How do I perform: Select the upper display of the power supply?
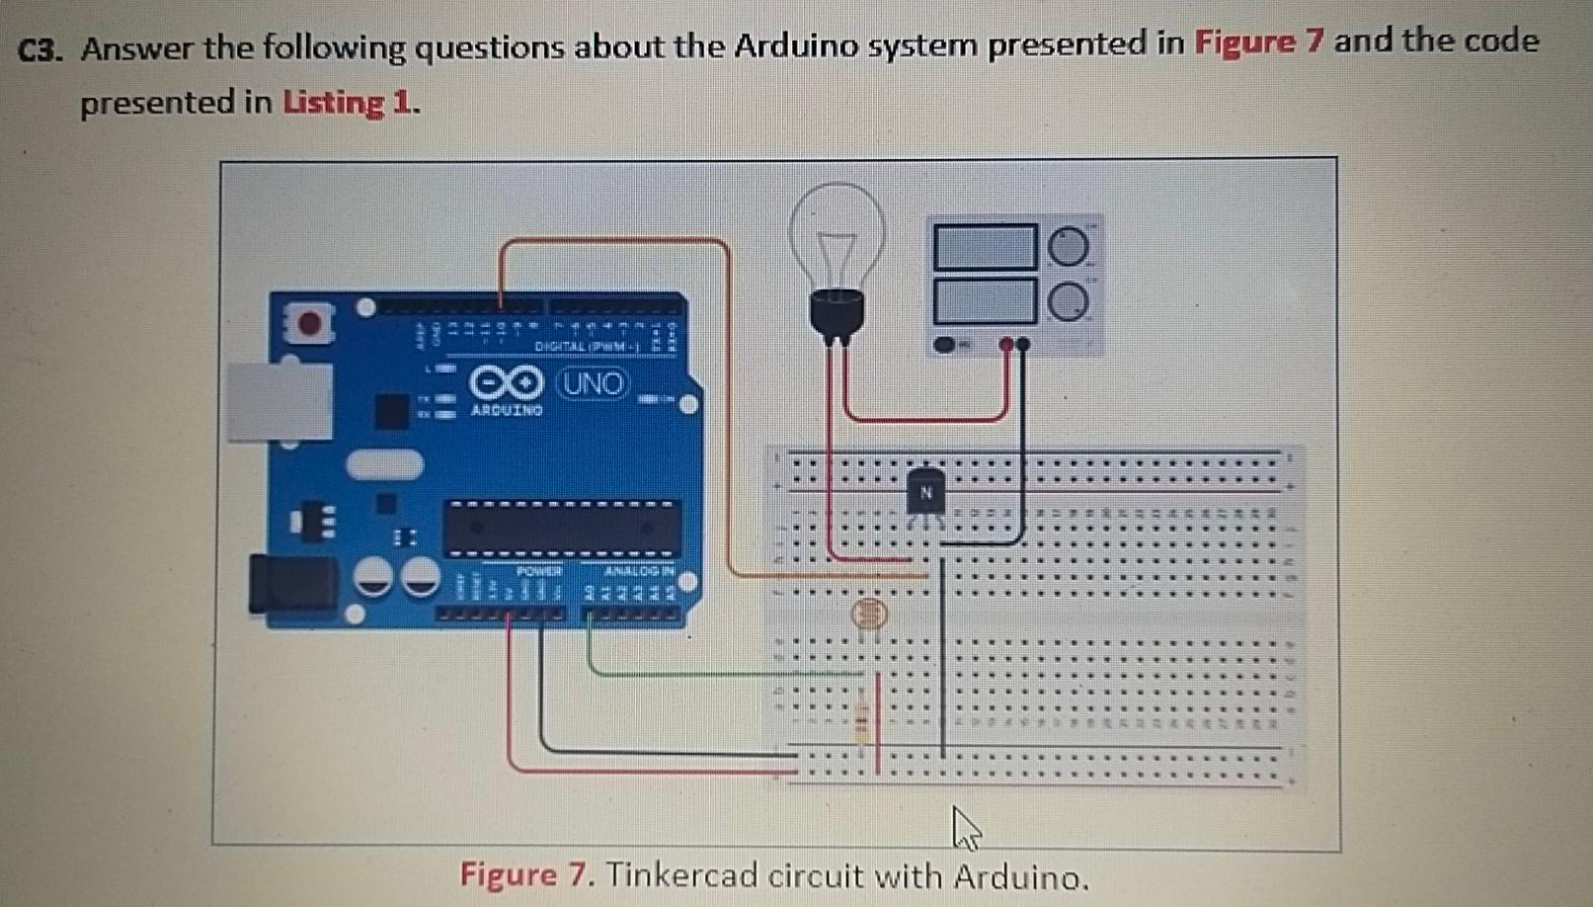click(985, 247)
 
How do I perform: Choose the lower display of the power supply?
click(985, 301)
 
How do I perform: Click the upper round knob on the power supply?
click(1068, 247)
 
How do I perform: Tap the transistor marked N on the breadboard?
click(925, 493)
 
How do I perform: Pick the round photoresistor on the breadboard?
click(870, 615)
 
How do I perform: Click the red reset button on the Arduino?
click(309, 323)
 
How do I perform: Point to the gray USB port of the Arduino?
click(279, 400)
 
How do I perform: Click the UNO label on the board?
click(594, 383)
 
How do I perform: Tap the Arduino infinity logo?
click(506, 382)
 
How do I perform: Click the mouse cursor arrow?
click(965, 827)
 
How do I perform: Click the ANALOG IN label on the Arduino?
click(638, 570)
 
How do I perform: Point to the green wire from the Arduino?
click(691, 674)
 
